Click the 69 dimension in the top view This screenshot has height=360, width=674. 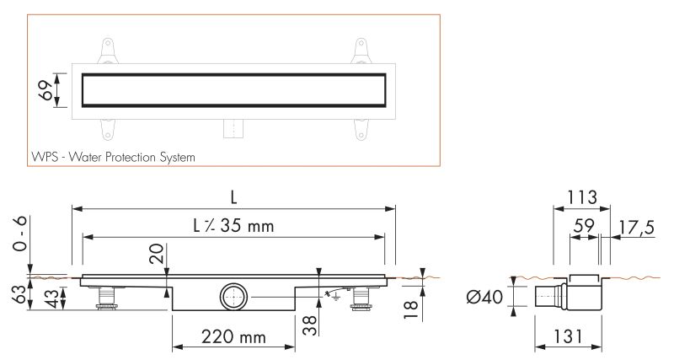(45, 90)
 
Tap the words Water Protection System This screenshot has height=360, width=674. (132, 157)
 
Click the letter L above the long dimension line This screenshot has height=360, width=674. (234, 197)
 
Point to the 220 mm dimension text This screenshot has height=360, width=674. (233, 336)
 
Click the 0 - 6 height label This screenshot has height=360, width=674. (19, 234)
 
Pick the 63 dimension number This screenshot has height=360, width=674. (19, 293)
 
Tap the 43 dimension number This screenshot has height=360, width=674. (51, 298)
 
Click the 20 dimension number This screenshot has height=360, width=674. (157, 253)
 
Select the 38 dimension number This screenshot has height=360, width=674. (309, 325)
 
